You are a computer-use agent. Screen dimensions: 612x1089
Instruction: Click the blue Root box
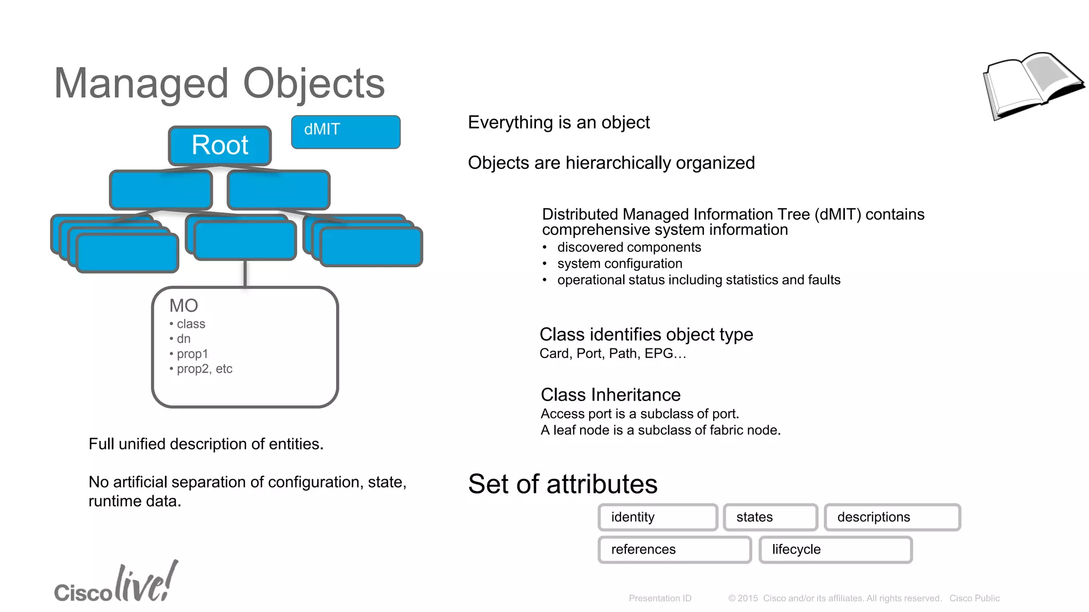click(220, 146)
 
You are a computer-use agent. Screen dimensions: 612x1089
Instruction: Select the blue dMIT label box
click(346, 132)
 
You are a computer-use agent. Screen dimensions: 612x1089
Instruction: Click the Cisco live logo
click(116, 584)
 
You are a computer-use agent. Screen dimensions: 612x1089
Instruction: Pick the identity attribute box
click(658, 517)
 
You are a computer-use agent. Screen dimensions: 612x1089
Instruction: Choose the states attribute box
click(770, 517)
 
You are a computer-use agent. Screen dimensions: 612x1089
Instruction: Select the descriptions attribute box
click(892, 517)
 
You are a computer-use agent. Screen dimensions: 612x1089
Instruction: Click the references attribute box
click(674, 550)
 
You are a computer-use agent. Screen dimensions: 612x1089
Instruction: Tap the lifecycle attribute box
click(835, 550)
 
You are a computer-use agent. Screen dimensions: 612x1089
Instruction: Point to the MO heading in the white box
click(183, 305)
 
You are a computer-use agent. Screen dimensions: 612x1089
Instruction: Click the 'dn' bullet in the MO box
click(183, 339)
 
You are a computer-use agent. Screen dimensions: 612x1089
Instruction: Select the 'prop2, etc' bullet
click(204, 369)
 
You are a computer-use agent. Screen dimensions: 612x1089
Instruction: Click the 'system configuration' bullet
click(619, 263)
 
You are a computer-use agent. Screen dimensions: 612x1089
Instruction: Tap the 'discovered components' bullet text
click(629, 248)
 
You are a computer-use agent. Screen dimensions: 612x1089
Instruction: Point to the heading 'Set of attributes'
click(563, 484)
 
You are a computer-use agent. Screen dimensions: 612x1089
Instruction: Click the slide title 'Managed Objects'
click(219, 83)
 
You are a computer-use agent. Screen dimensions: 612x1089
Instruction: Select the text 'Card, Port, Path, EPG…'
click(613, 354)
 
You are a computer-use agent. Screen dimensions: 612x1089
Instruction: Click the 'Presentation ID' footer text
click(660, 598)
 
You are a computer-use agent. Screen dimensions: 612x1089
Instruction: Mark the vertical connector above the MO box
click(245, 274)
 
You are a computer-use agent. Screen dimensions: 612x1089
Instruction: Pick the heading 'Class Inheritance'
click(610, 395)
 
